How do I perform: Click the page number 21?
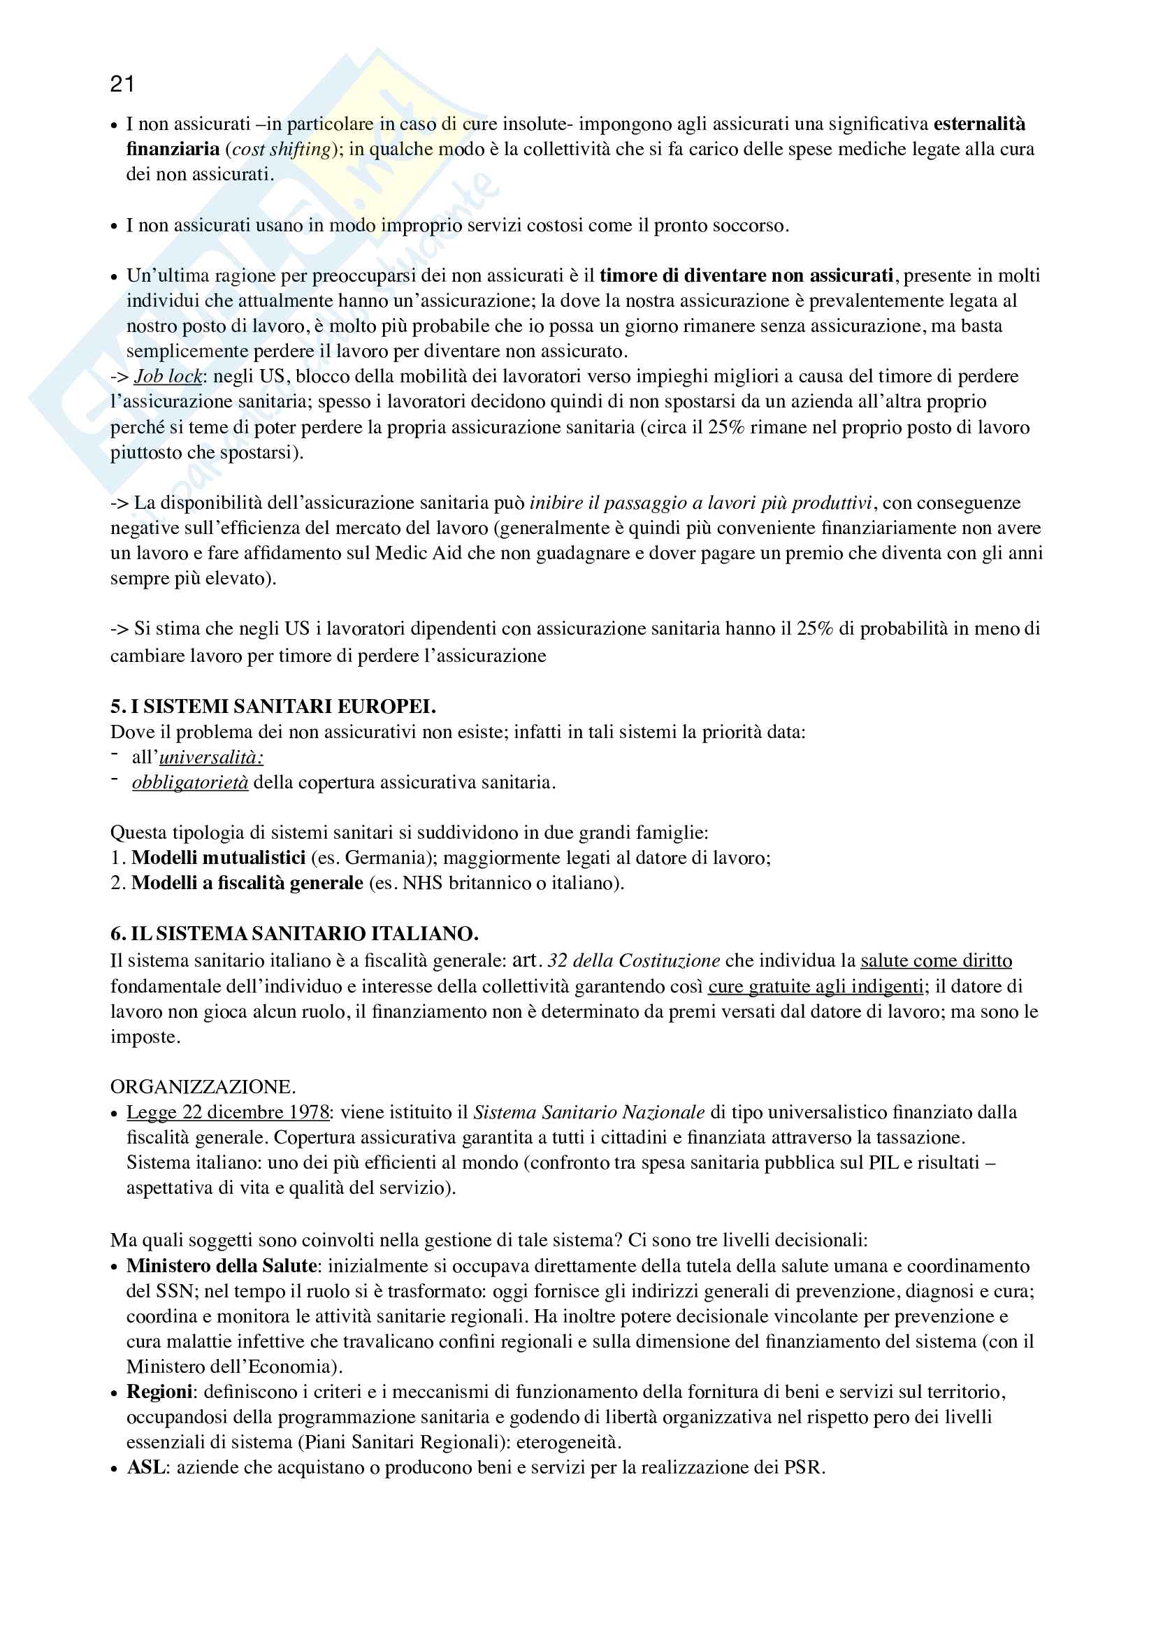click(122, 85)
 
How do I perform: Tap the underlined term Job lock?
click(168, 377)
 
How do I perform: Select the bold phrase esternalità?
click(978, 124)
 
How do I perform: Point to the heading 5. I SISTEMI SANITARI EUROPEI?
click(273, 707)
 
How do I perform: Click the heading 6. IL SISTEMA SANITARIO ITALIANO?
click(294, 934)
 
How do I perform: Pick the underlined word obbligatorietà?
click(190, 783)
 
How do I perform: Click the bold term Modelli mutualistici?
click(219, 858)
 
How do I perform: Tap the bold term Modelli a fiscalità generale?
click(247, 883)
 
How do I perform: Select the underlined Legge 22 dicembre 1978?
click(228, 1112)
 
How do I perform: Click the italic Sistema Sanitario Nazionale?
click(588, 1112)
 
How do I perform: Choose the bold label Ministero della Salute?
click(222, 1266)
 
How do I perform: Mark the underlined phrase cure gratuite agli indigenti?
click(816, 987)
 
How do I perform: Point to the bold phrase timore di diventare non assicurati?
click(746, 275)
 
